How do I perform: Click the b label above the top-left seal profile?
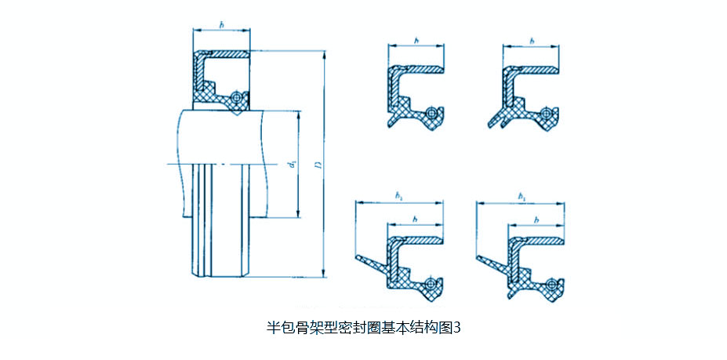[416, 39]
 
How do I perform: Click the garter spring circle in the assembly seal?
[235, 97]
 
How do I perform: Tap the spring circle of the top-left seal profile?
[431, 113]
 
